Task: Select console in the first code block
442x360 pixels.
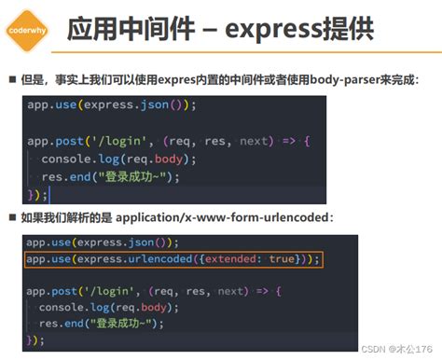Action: coord(69,159)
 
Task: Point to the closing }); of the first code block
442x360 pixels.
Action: coord(37,194)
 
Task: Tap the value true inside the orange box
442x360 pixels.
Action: coord(283,258)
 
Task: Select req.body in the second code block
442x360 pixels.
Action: coord(143,308)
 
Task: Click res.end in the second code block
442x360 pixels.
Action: coord(62,325)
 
